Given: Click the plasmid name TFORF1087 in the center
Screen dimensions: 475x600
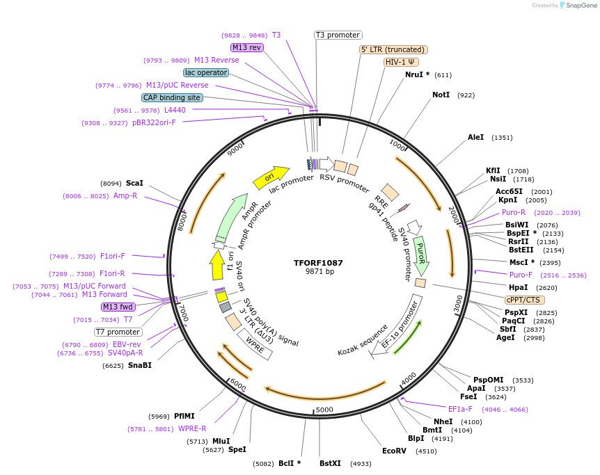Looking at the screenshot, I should coord(318,263).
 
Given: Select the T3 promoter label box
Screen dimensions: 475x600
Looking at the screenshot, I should coord(338,35).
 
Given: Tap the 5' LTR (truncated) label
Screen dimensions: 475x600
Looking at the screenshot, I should coord(393,49).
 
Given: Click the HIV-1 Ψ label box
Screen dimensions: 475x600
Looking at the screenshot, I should coord(401,62).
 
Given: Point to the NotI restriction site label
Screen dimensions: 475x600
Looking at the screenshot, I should coord(441,95).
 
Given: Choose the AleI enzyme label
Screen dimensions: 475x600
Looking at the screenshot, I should coord(475,138).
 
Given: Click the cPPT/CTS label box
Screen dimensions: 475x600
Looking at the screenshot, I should coord(523,300).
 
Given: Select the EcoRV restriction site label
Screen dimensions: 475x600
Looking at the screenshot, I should coord(394,451).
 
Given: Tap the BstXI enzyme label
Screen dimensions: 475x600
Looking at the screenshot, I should coord(330,463).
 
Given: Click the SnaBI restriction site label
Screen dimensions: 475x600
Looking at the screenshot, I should coord(139,365).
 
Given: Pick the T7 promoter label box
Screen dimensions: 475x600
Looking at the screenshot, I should coord(118,332).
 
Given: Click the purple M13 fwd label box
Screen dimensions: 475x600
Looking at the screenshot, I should coord(118,307).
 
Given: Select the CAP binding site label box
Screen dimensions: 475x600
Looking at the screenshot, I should coord(172,98).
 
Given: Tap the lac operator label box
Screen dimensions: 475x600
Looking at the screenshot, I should coord(205,72).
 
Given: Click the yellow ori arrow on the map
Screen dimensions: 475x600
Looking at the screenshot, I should coord(270,177).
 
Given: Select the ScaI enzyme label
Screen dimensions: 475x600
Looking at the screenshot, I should coord(134,184).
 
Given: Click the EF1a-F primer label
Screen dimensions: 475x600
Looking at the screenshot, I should coord(460,409).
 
